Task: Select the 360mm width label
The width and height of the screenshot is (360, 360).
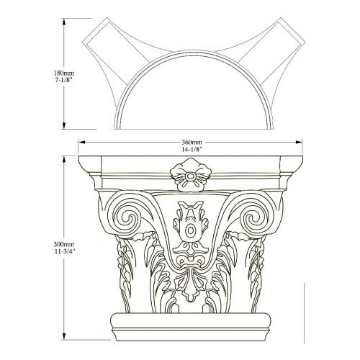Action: pos(191,143)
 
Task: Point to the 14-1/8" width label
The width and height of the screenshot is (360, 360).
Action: pos(191,149)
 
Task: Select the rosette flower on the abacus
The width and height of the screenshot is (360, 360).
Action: pos(190,175)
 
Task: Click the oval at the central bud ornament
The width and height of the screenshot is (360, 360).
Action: pos(190,230)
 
